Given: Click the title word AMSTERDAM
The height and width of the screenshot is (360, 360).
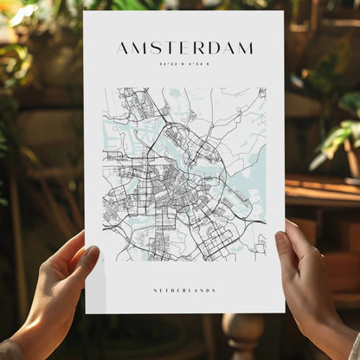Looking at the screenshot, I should coord(184,48).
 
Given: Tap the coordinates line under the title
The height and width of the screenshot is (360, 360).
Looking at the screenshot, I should coord(184,63).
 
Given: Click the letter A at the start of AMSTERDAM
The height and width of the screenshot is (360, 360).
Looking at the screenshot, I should coord(123,48).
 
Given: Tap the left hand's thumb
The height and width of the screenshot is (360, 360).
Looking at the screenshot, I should coord(87,258).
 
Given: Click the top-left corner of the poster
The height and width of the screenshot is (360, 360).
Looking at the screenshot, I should coord(84,12).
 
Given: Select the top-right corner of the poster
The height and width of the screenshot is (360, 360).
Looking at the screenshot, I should coord(282,11).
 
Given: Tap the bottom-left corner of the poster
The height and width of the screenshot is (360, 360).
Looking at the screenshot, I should coord(86,312).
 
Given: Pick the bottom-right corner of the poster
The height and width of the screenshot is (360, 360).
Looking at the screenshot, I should coord(284,312).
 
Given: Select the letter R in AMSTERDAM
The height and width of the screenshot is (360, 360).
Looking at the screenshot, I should coord(199,48).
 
